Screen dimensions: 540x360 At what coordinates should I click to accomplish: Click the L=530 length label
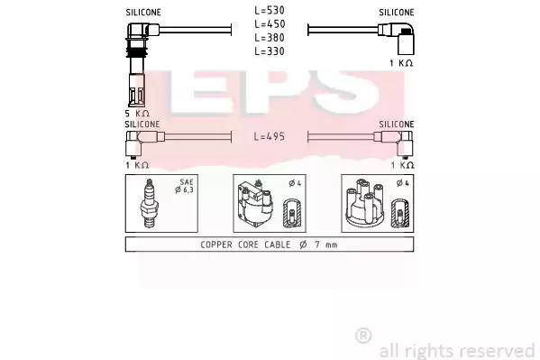270,10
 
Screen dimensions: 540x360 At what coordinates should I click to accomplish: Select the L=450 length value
270,24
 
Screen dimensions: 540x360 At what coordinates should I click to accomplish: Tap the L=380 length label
270,38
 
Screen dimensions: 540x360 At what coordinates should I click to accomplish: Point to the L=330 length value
270,51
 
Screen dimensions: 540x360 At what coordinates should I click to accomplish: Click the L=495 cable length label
270,136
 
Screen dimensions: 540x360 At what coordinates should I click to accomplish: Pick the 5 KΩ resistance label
137,114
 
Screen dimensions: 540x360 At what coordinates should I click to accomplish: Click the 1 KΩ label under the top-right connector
401,63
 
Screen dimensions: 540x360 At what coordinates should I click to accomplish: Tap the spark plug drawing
149,203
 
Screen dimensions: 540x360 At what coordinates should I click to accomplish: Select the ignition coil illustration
256,203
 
